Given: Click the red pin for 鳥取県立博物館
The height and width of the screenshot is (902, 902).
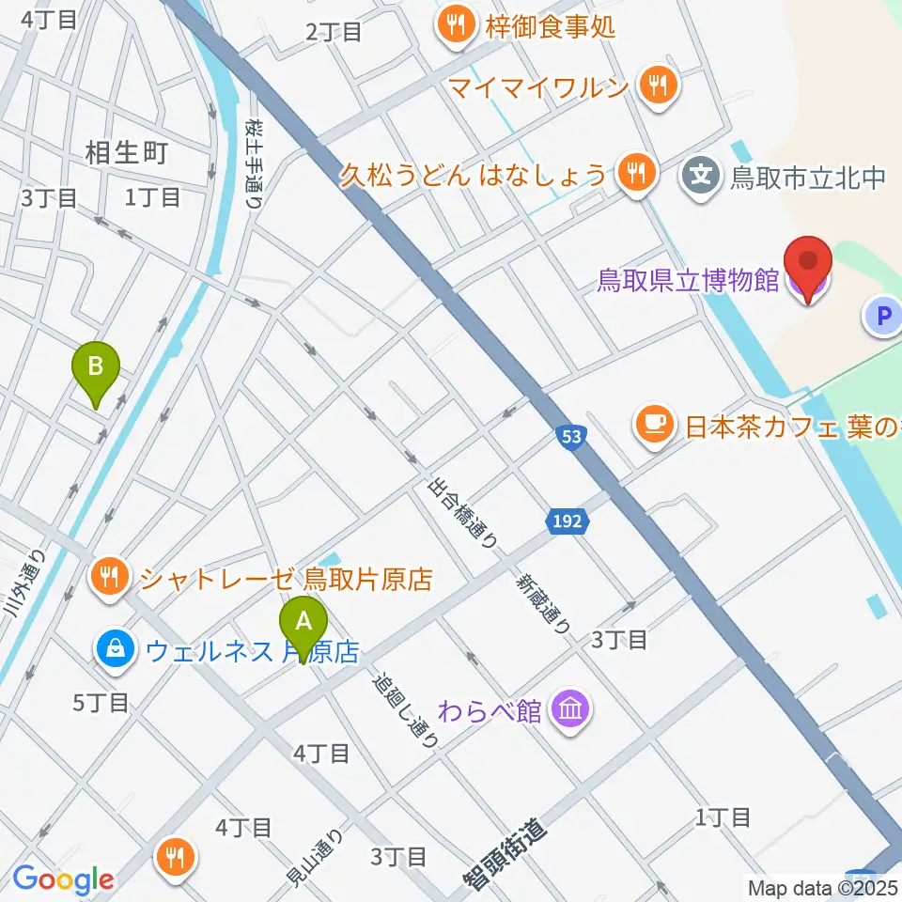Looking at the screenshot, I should [x=808, y=268].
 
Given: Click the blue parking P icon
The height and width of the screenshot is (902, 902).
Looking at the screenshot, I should [x=883, y=317].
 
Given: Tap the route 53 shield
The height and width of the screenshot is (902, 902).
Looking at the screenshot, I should [x=572, y=436].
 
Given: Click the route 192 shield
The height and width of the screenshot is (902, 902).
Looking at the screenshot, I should [x=567, y=521].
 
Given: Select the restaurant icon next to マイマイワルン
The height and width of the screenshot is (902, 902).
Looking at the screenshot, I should [x=655, y=87].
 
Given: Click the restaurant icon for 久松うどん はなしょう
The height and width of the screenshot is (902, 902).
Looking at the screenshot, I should [x=636, y=172].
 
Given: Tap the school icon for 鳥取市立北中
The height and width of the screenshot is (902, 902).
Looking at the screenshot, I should [x=700, y=174].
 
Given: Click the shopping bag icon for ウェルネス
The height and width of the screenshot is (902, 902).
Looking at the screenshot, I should [x=114, y=649].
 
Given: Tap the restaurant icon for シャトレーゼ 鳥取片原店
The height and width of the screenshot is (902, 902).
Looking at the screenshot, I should [x=110, y=576].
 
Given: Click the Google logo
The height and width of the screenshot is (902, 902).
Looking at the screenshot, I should [x=63, y=879].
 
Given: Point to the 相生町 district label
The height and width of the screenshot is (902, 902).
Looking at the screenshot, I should [x=126, y=152].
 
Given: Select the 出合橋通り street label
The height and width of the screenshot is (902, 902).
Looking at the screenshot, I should [x=462, y=512].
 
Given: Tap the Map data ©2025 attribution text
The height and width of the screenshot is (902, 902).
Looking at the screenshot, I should [x=823, y=887].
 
